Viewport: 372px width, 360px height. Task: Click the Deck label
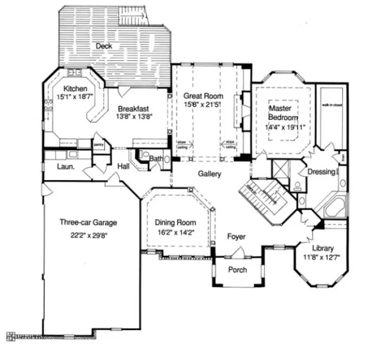104,47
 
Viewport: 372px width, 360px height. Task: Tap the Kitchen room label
75,89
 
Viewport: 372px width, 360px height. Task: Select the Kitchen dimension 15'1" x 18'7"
75,98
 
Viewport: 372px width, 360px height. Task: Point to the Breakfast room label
134,107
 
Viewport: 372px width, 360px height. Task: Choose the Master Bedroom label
284,113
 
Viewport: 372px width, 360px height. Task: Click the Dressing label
321,172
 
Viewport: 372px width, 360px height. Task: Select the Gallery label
209,174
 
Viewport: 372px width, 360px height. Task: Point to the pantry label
98,145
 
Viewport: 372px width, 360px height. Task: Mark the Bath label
156,159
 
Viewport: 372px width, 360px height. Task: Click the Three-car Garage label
88,222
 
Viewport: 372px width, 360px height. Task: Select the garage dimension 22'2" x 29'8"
88,236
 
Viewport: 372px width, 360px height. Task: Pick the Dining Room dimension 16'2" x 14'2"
175,233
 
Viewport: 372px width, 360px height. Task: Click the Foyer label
236,237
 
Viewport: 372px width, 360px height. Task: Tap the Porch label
238,270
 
